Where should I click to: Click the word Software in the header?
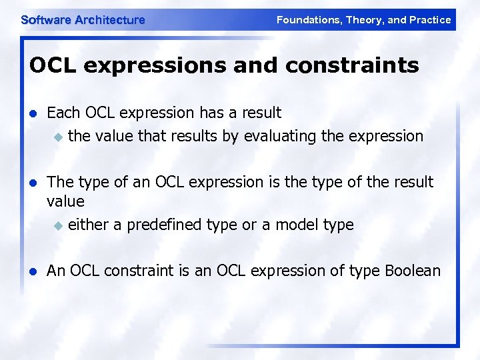pos(46,20)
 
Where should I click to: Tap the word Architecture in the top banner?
pos(109,20)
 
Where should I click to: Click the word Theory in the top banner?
pos(364,20)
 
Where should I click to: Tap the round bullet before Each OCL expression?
pos(33,113)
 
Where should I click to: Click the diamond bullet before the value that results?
pos(58,137)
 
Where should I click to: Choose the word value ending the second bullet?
pos(65,201)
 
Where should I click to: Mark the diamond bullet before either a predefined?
pos(58,225)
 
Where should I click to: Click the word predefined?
pos(165,225)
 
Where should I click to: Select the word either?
pos(89,225)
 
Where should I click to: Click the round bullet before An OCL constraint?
pos(33,271)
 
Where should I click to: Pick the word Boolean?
pos(413,271)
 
